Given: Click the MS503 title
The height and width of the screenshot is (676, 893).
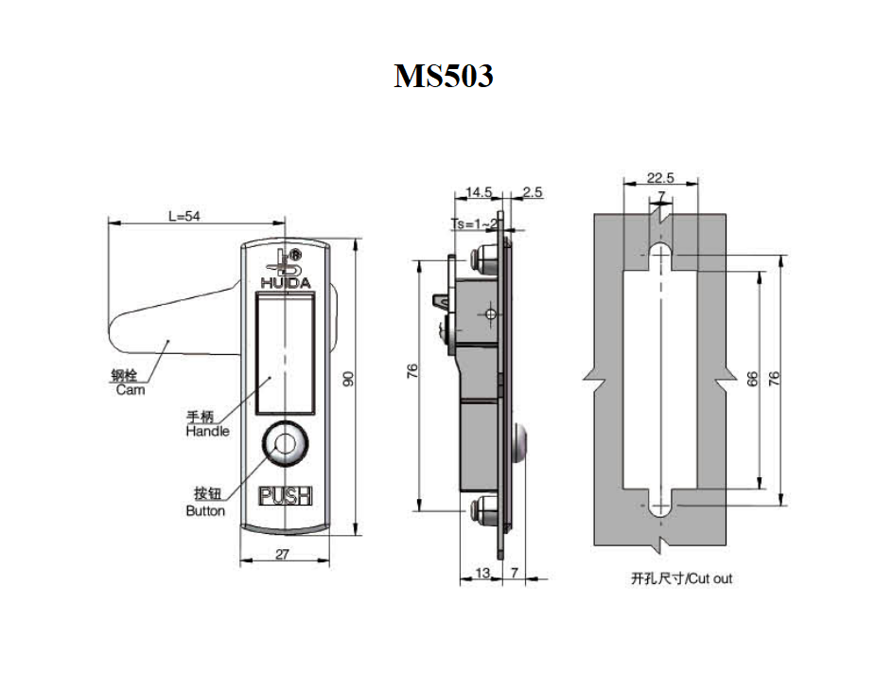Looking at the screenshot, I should (x=444, y=76).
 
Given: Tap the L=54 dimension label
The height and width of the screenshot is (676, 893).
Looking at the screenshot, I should (x=184, y=216).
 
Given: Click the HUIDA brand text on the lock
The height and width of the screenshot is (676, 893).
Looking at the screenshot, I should (x=283, y=282).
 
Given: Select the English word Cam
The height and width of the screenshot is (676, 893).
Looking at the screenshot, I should (x=131, y=390).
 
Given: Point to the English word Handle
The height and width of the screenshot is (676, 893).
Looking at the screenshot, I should (x=207, y=431).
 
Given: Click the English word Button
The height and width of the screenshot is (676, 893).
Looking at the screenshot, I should (x=205, y=511).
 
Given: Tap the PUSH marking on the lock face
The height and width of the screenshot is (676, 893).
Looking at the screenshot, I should (x=284, y=495).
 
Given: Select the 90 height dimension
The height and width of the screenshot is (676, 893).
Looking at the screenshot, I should (x=348, y=379).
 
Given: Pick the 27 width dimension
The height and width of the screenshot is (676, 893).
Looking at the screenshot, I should (x=282, y=555).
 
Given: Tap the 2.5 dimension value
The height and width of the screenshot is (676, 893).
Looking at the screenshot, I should (x=532, y=192).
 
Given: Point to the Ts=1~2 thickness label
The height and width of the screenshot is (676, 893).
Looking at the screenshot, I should (x=473, y=223).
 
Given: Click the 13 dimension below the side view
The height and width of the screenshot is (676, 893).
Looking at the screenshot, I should (x=481, y=573).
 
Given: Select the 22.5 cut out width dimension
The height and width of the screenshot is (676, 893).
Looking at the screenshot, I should (x=659, y=177).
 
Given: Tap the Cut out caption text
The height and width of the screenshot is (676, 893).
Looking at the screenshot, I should (x=681, y=578).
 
